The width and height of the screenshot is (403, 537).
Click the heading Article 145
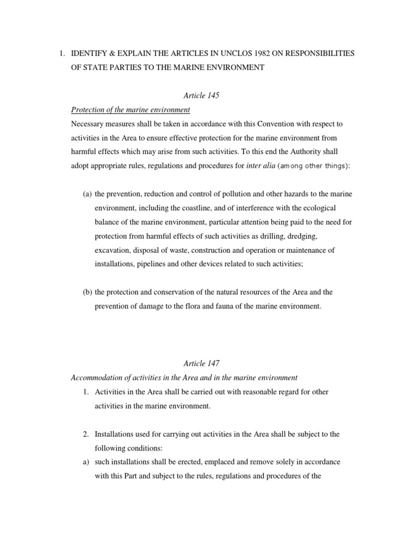point(201,95)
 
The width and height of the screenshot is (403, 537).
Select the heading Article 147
point(201,363)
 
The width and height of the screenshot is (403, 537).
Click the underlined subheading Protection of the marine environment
point(130,110)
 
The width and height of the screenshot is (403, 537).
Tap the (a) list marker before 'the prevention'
point(87,194)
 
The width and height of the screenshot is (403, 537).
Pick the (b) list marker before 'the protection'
point(87,292)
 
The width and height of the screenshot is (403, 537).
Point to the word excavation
point(113,250)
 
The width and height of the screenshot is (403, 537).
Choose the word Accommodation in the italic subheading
point(97,378)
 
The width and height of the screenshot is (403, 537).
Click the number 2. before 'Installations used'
point(87,434)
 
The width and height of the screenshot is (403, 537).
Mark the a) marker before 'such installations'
point(87,462)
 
